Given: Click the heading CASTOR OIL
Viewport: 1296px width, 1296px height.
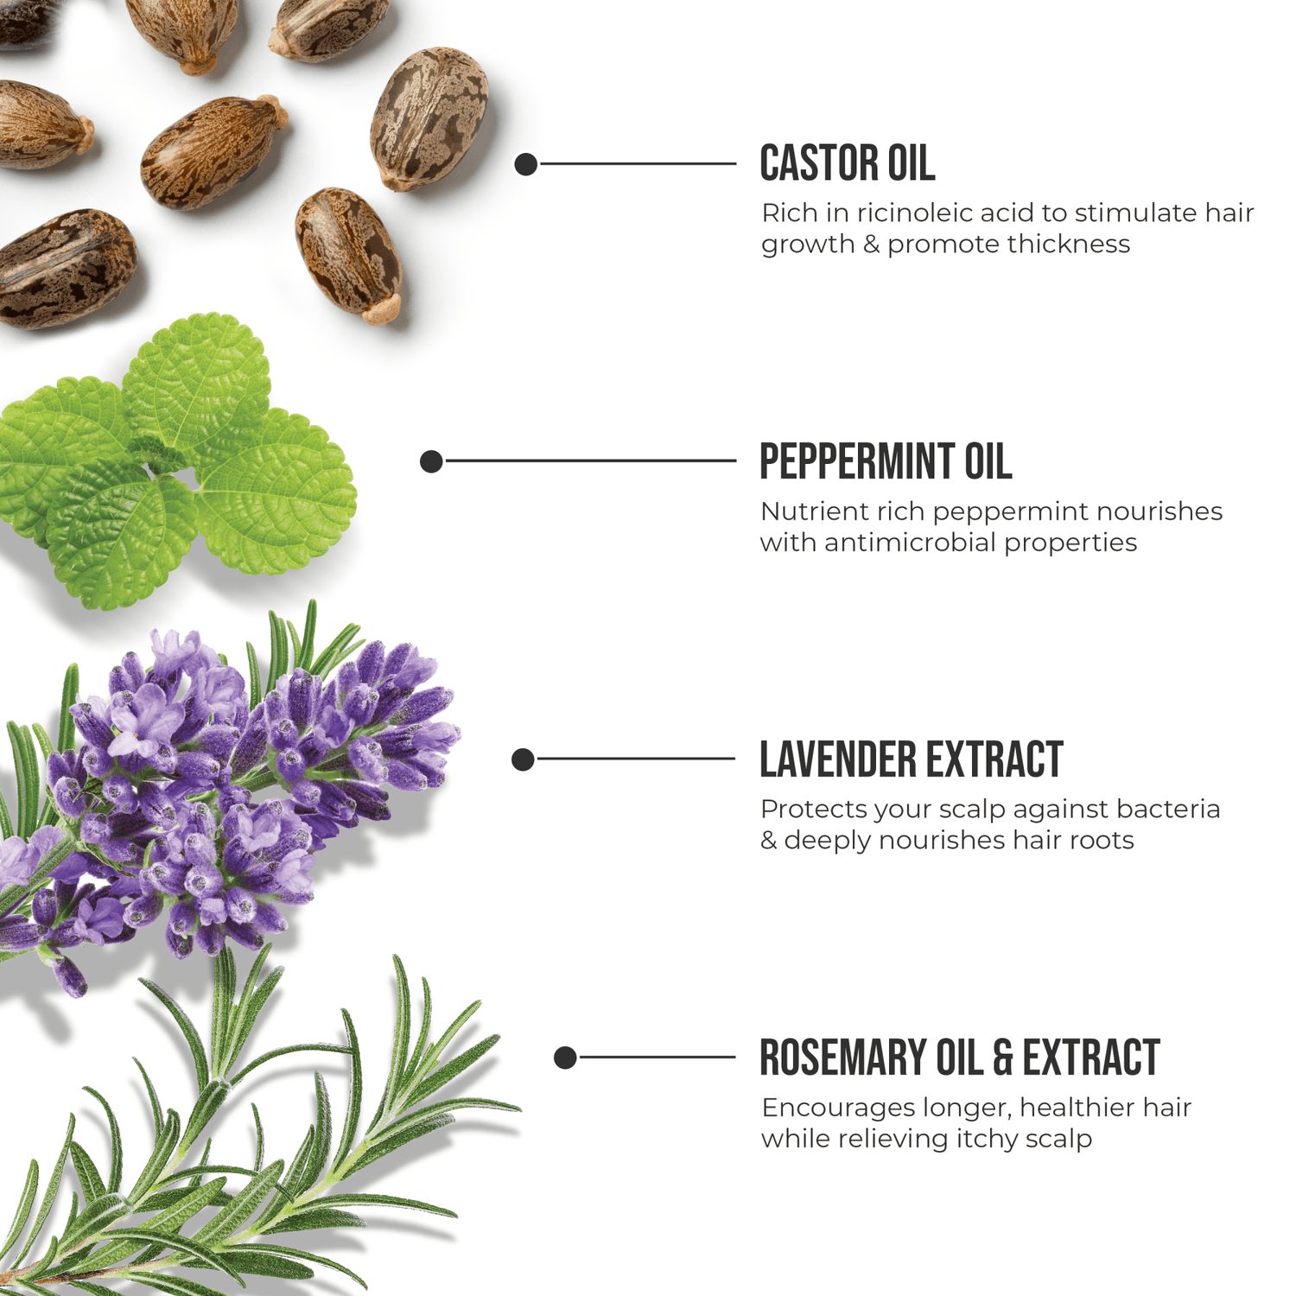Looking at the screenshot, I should click(x=847, y=163).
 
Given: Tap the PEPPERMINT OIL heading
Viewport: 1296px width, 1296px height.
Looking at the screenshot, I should click(x=886, y=461).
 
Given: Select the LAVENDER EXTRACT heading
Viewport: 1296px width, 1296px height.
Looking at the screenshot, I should click(x=912, y=759).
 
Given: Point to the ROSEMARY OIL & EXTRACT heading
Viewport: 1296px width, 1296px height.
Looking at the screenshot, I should click(x=959, y=1058).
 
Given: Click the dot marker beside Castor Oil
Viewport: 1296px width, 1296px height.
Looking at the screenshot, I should click(x=526, y=164).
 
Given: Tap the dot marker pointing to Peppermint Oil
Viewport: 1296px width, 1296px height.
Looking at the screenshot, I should click(x=431, y=461).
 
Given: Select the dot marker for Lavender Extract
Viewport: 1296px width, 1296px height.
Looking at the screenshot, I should click(x=523, y=759).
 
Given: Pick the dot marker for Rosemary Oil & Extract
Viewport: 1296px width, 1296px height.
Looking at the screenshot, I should click(x=565, y=1058).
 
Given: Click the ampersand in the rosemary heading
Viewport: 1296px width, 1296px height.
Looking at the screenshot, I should click(x=1002, y=1058).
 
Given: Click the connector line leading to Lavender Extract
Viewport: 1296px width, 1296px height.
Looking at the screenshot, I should click(x=635, y=759).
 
